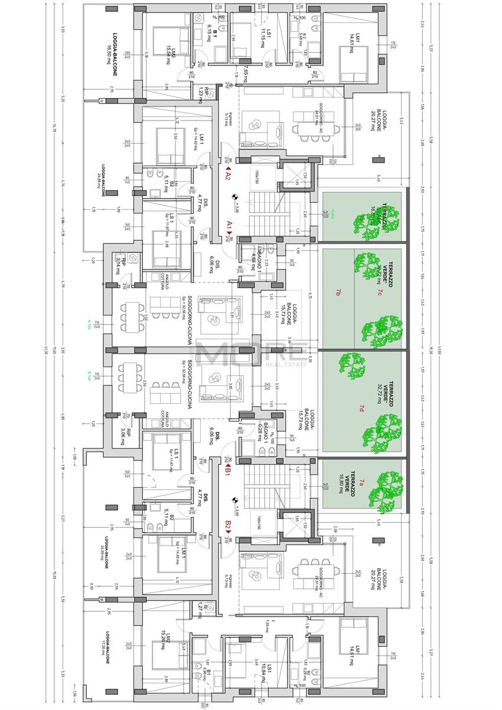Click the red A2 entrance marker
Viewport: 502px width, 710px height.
tap(227, 176)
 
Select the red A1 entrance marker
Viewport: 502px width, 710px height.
tap(229, 225)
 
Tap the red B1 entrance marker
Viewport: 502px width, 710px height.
tap(227, 471)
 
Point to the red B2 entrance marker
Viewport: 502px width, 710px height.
tap(227, 524)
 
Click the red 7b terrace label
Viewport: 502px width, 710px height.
tap(338, 293)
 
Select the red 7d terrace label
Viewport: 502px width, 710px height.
tap(361, 408)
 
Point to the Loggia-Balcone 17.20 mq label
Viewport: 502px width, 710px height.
tap(106, 653)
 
